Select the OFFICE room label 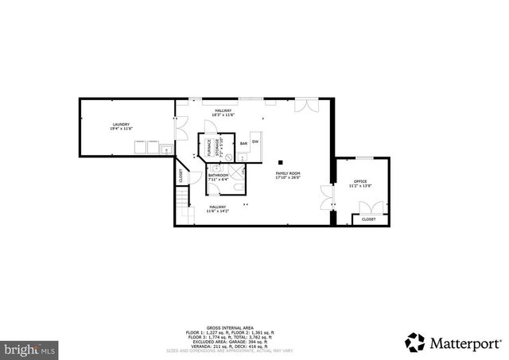click(360, 183)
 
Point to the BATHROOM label click(218, 175)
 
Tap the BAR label click(243, 144)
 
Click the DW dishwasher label click(255, 141)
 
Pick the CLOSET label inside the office click(368, 219)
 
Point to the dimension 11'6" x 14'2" click(217, 211)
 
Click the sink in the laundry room click(167, 149)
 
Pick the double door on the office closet click(368, 208)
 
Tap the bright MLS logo click(30, 349)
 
